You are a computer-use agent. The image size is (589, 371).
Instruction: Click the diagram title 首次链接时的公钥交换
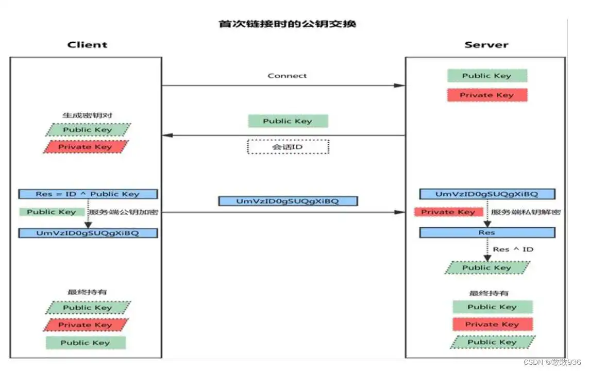click(288, 24)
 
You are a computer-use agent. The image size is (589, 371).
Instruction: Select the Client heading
click(87, 45)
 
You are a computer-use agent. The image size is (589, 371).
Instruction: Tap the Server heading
click(486, 45)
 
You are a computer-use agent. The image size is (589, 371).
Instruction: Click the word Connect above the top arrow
click(288, 76)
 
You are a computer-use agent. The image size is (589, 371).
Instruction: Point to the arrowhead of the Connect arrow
click(400, 86)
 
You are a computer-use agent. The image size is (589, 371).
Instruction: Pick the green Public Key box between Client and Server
click(288, 121)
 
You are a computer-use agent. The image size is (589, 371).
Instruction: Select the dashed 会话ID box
click(288, 147)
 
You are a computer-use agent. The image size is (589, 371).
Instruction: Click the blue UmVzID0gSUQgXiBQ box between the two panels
click(288, 201)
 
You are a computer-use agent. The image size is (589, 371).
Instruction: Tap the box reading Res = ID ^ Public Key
click(88, 194)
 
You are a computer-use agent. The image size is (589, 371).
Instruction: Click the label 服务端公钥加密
click(123, 212)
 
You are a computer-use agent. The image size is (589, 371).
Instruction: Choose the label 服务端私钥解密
click(526, 212)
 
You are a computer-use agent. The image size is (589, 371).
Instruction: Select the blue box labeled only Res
click(487, 233)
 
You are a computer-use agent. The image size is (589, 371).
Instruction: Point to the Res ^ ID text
click(513, 249)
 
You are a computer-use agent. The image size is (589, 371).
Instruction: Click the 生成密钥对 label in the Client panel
click(87, 115)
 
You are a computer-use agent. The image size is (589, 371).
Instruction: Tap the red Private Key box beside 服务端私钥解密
click(448, 212)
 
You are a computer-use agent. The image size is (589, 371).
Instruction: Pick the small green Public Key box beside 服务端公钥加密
click(52, 212)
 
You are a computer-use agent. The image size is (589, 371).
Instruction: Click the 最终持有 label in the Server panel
click(489, 293)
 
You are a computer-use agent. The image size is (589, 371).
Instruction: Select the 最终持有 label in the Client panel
click(87, 292)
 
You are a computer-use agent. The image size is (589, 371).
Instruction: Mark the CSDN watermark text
click(552, 362)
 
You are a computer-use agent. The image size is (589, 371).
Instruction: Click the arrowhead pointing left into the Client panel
click(167, 135)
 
